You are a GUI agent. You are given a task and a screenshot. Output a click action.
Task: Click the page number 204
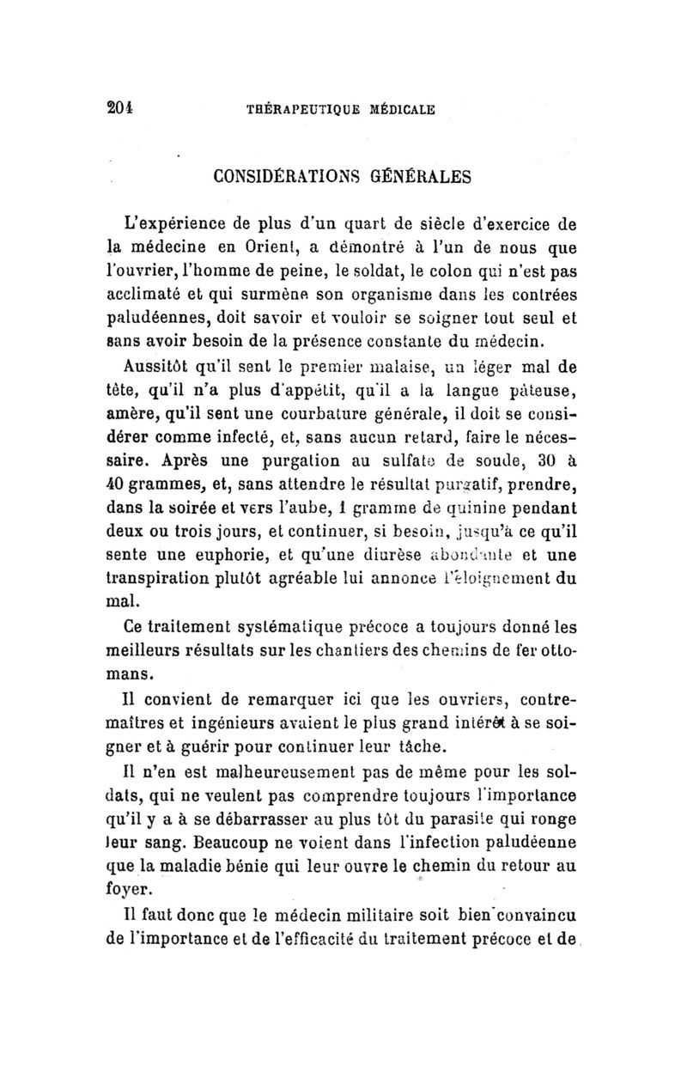[x=123, y=108]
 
